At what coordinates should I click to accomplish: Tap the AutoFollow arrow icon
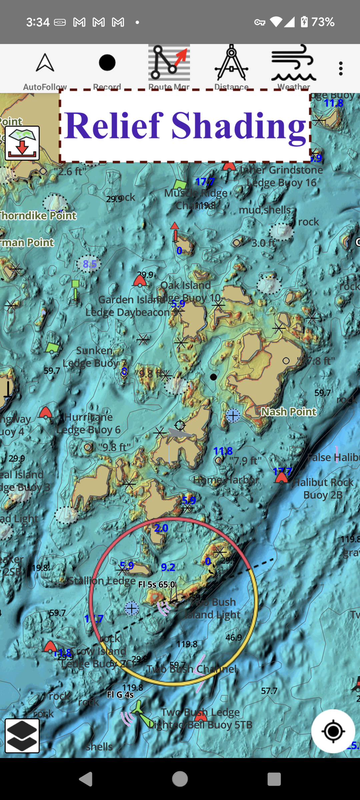pos(45,63)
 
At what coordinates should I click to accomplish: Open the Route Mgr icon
pos(169,63)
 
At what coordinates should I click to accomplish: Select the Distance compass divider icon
pos(231,63)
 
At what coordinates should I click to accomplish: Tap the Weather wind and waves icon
pos(293,63)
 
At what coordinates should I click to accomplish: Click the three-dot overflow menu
pos(340,68)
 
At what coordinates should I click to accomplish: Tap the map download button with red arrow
pos(22,143)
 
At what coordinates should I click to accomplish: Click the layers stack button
pos(22,736)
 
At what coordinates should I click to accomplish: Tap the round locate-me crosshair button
pos(333,731)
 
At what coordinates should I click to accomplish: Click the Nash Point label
pos(289,412)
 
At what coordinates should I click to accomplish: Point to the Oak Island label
pos(186,285)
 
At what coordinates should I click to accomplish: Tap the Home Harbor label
pos(226,480)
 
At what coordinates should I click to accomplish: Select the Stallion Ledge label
pos(102,581)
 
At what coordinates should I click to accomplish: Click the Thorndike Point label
pos(38,216)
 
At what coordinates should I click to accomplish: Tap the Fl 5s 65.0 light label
pos(157,584)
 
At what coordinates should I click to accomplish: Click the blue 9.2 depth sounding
pos(168,567)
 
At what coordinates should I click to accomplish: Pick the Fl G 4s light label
pos(120,695)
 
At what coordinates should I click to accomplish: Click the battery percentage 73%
pos(323,22)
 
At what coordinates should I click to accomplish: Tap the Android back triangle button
pos(86,779)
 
